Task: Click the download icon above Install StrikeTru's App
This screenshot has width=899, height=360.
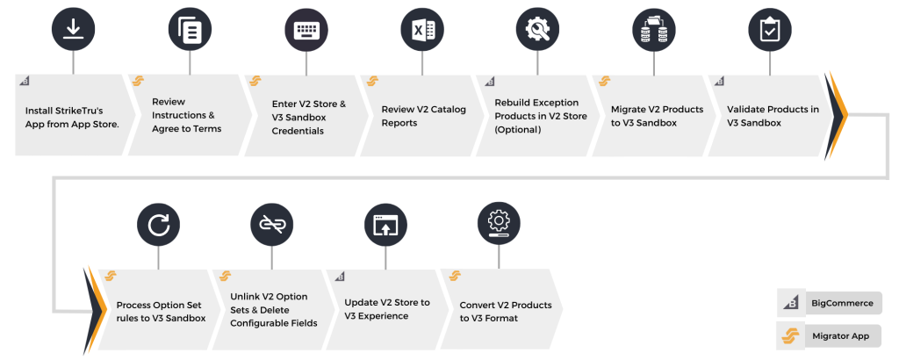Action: (73, 30)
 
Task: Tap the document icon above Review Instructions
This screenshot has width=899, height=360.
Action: (190, 30)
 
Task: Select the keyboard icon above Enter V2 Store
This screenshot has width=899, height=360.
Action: (306, 30)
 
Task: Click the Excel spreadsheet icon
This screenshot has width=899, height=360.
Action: (422, 30)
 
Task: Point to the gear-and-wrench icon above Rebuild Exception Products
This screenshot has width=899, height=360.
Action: (536, 30)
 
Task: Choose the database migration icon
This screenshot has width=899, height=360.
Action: (652, 30)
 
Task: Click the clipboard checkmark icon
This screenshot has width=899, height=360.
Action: (769, 30)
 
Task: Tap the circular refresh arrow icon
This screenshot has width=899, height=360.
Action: (159, 226)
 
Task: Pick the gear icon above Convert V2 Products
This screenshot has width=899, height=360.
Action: (499, 220)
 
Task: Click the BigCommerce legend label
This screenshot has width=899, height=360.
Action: (842, 303)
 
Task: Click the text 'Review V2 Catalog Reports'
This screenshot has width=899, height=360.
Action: (423, 116)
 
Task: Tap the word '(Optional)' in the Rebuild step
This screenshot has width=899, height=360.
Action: (517, 130)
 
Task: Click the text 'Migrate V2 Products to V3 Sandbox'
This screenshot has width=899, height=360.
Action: (657, 116)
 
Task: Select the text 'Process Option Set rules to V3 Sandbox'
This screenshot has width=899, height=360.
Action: (161, 311)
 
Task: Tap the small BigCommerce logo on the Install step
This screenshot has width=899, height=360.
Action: (23, 82)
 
